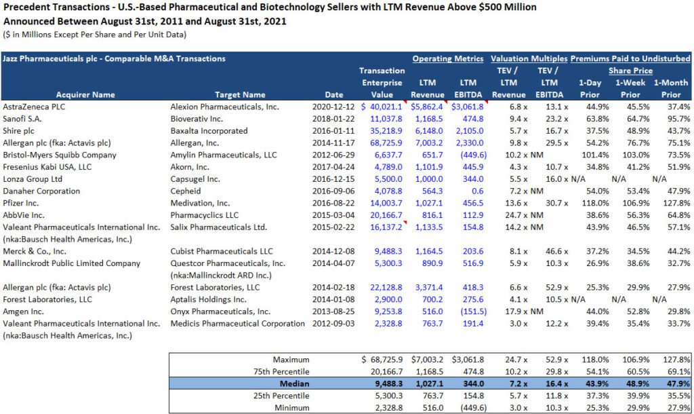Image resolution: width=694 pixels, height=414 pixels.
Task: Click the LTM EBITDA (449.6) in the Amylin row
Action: (470, 155)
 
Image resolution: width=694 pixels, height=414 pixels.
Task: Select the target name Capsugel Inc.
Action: (197, 179)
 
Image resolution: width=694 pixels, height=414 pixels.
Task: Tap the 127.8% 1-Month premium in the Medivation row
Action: (674, 203)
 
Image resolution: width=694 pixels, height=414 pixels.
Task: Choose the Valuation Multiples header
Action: (529, 59)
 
